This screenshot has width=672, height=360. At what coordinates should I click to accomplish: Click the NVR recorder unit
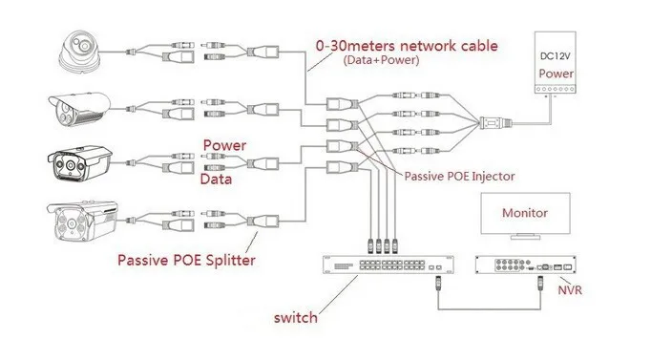click(x=526, y=268)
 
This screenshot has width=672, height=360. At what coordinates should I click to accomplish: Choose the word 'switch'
click(x=295, y=319)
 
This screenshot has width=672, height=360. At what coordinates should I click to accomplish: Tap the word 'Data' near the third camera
click(x=219, y=179)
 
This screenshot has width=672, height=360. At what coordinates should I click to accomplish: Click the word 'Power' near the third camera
click(x=223, y=145)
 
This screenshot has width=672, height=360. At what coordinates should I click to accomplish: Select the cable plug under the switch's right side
click(x=437, y=283)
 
